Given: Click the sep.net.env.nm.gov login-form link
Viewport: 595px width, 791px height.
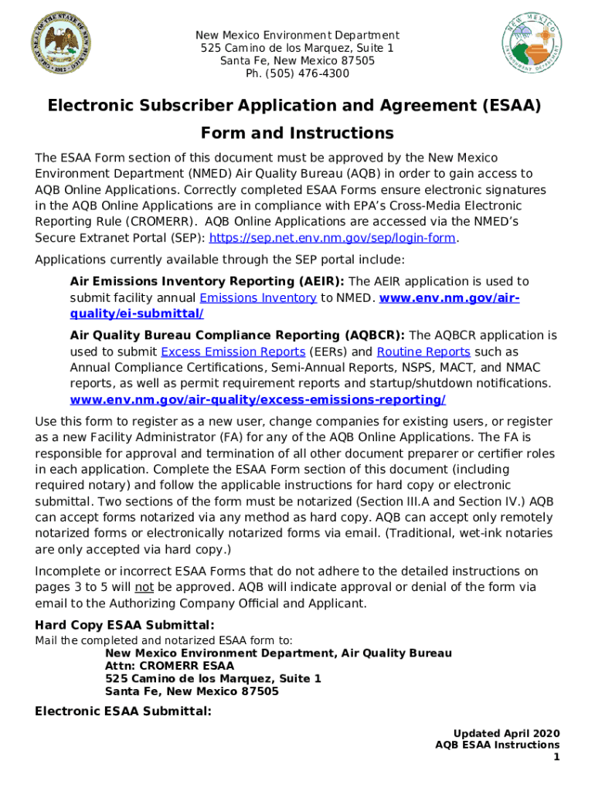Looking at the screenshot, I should coord(332,238).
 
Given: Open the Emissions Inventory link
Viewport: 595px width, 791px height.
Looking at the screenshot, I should coord(258,298).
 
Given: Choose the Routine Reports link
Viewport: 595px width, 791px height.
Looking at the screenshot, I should coord(423,351).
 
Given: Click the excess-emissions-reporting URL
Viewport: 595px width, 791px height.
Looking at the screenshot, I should coord(257,400).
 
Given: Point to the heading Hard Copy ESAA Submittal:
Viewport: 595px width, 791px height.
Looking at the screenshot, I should coord(124,624).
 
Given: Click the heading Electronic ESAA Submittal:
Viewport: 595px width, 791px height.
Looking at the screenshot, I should coord(123,711).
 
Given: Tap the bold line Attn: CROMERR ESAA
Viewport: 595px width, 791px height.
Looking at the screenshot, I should coord(169,665).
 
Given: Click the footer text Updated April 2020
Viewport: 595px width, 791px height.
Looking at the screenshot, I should coord(506,733).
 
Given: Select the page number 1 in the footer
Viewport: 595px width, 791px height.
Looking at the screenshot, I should coord(556,757).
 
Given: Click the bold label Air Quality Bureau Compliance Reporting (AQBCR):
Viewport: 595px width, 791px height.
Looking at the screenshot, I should coord(237,335).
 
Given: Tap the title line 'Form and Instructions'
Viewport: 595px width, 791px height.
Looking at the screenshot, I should coord(297,133).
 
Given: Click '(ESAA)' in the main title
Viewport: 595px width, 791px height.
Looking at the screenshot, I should coord(511,104).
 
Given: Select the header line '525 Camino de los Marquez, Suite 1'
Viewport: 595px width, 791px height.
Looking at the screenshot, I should coord(297,48).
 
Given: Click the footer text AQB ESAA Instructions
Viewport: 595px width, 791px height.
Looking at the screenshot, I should coord(497,745).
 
